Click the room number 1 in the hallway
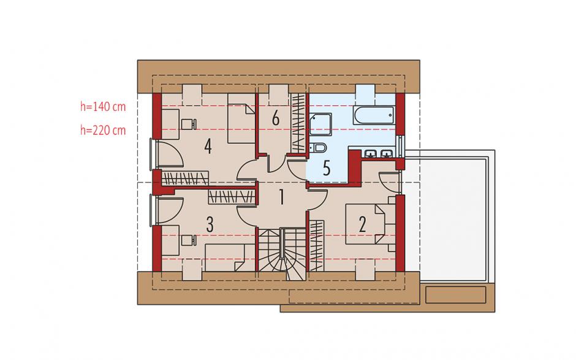(281, 197)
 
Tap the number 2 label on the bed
(362, 224)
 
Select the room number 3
(210, 224)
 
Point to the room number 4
(208, 147)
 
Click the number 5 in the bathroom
(326, 167)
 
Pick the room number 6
(276, 119)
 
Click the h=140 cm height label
(103, 107)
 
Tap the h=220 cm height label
(103, 130)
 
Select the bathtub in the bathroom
(374, 115)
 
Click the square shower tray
(320, 124)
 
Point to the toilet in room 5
(318, 148)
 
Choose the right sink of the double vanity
(386, 154)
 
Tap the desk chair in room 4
(189, 124)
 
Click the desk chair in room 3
(189, 240)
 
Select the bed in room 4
(241, 118)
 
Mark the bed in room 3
(230, 258)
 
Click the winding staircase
(282, 254)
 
